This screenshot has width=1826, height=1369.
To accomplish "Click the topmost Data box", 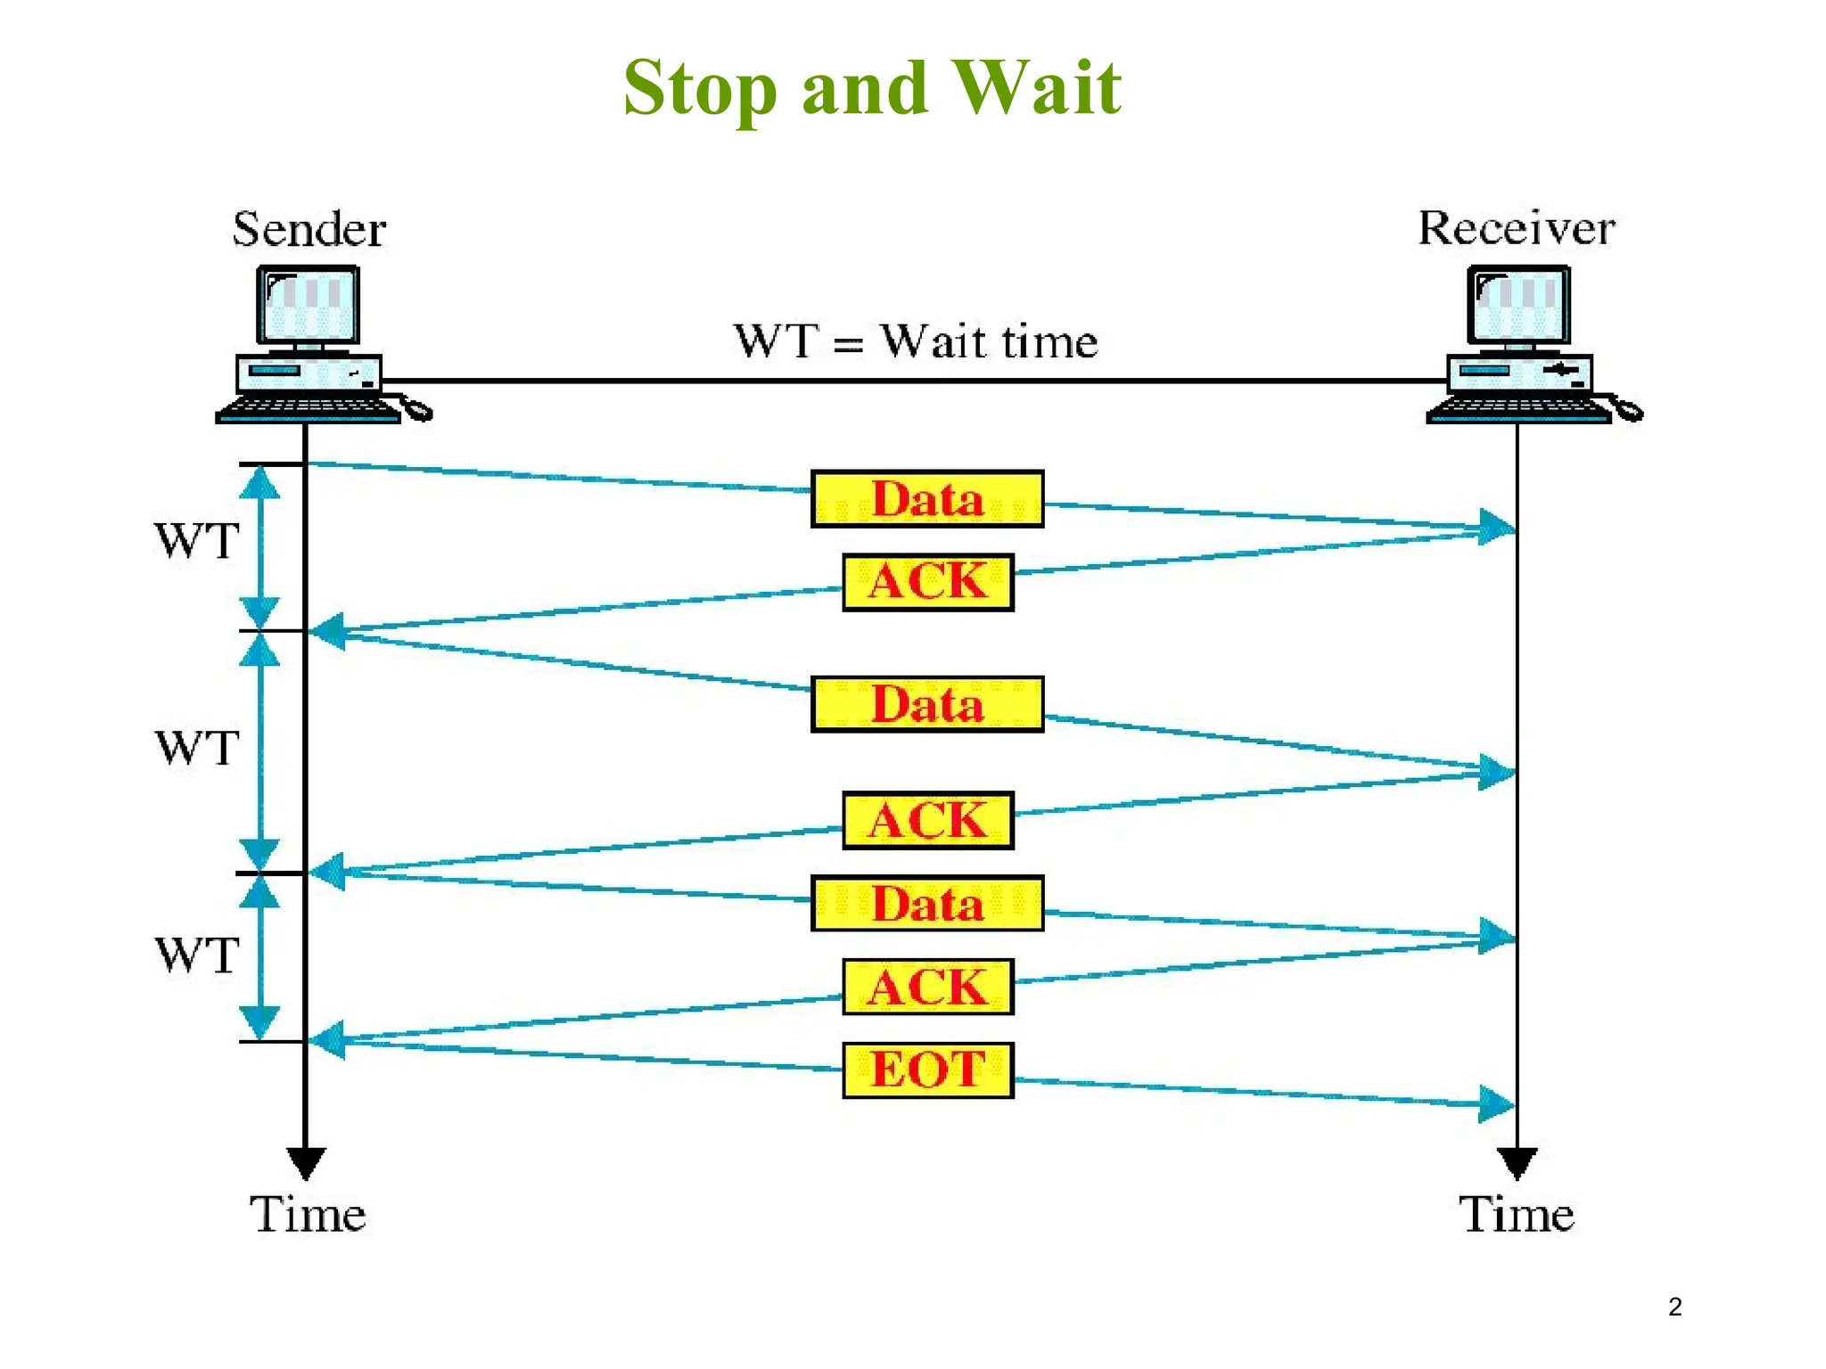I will [x=927, y=499].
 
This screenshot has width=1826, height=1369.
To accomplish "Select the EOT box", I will [x=928, y=1070].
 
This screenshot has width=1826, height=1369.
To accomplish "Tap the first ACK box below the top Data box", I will [x=928, y=582].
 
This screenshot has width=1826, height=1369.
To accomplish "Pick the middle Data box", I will [x=927, y=704].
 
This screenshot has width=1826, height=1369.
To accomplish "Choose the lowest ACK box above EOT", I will [x=928, y=987].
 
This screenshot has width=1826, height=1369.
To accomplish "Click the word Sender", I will [x=309, y=229].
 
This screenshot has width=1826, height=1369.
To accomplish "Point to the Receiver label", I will [x=1517, y=228].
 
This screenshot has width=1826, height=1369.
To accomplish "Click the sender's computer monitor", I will [x=308, y=305].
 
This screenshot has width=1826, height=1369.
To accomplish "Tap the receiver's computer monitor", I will [x=1518, y=305].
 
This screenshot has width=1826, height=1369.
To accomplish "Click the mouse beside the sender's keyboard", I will [x=417, y=409].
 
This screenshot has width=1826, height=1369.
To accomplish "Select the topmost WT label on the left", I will [x=197, y=540].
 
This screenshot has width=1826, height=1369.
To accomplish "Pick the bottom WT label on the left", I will [x=197, y=955].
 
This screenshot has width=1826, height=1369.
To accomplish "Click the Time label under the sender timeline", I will [x=308, y=1214].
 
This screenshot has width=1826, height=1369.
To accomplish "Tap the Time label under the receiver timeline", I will [x=1517, y=1214].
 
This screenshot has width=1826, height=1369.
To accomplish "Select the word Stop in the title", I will [x=700, y=89].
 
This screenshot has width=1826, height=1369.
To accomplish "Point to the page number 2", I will [x=1675, y=1307].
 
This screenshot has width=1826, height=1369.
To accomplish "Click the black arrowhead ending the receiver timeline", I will [x=1517, y=1162].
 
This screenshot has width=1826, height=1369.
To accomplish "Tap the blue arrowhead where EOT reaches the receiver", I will [x=1496, y=1104].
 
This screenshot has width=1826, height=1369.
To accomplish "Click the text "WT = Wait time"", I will [x=916, y=341].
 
